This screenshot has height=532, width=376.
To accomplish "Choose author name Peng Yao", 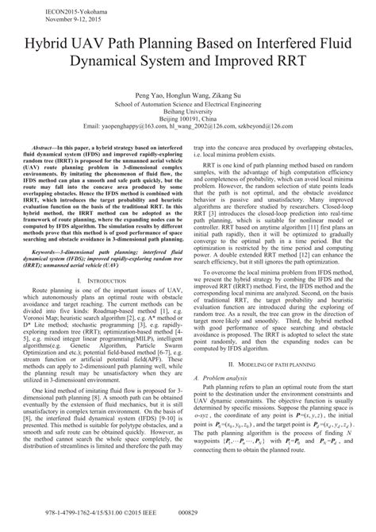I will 148,94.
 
